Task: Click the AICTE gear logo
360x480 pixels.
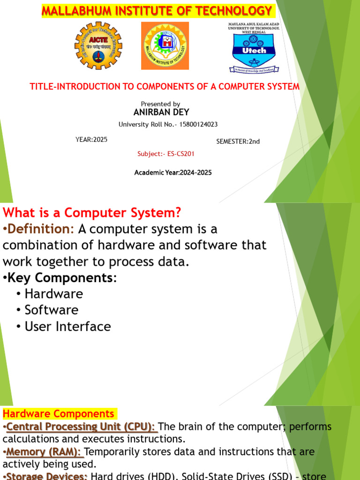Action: click(x=98, y=45)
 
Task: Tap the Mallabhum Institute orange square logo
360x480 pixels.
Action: click(x=165, y=45)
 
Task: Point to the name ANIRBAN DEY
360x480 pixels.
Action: click(x=161, y=112)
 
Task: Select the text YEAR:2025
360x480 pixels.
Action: click(x=91, y=140)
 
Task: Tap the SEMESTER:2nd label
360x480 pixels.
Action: click(x=238, y=142)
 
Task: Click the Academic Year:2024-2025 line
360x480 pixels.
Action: click(x=173, y=172)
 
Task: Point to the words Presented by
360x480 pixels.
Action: click(x=160, y=104)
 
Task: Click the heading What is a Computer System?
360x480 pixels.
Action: click(x=92, y=213)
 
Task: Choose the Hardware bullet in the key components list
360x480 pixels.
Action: click(x=53, y=294)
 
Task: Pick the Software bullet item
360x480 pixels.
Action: click(x=51, y=310)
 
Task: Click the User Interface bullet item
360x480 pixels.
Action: click(x=67, y=326)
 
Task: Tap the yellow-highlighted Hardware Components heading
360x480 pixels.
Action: click(x=59, y=414)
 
